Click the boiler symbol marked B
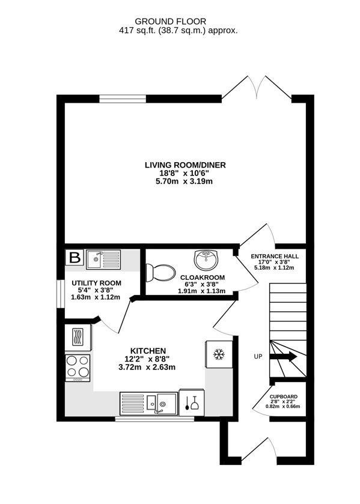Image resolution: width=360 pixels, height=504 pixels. tap(75, 258)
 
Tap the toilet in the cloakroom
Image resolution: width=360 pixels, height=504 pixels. tap(160, 273)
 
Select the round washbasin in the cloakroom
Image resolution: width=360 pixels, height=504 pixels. tap(206, 260)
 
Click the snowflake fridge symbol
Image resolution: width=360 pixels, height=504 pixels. tap(219, 354)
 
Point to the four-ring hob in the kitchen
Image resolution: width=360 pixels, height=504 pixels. tap(78, 368)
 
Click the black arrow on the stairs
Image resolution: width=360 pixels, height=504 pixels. tap(283, 356)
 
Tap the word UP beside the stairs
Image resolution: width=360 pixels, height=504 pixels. tap(258, 356)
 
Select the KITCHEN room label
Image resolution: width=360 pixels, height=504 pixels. tap(148, 351)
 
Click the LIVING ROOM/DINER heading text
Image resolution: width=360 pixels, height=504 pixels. tap(185, 165)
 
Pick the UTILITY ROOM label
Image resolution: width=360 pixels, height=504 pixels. tap(96, 283)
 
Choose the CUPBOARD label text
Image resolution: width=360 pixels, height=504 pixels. tap(284, 396)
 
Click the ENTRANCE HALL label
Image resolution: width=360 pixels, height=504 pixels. tap(275, 257)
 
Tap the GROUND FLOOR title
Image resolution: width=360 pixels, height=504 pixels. tap(171, 22)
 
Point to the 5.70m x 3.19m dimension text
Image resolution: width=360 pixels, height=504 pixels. tap(184, 181)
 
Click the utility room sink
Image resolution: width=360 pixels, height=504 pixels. tap(103, 260)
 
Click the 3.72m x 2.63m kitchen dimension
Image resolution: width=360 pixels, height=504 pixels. tap(147, 367)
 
